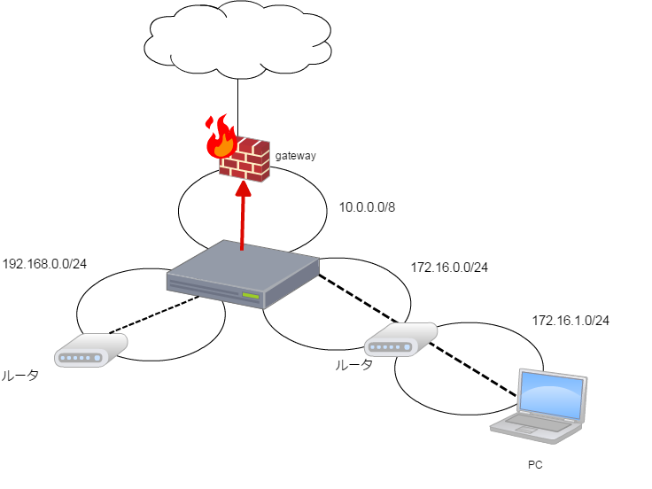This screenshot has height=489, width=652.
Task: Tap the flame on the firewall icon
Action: click(219, 139)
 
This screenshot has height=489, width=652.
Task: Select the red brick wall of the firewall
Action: click(247, 160)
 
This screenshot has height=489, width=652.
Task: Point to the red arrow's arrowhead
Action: click(243, 188)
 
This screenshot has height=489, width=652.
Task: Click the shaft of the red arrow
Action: click(242, 221)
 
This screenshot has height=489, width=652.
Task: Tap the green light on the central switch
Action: click(251, 295)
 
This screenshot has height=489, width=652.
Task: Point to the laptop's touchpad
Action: click(525, 431)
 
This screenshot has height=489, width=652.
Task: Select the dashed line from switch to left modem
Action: click(155, 315)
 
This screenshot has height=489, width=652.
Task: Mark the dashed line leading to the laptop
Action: click(474, 370)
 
